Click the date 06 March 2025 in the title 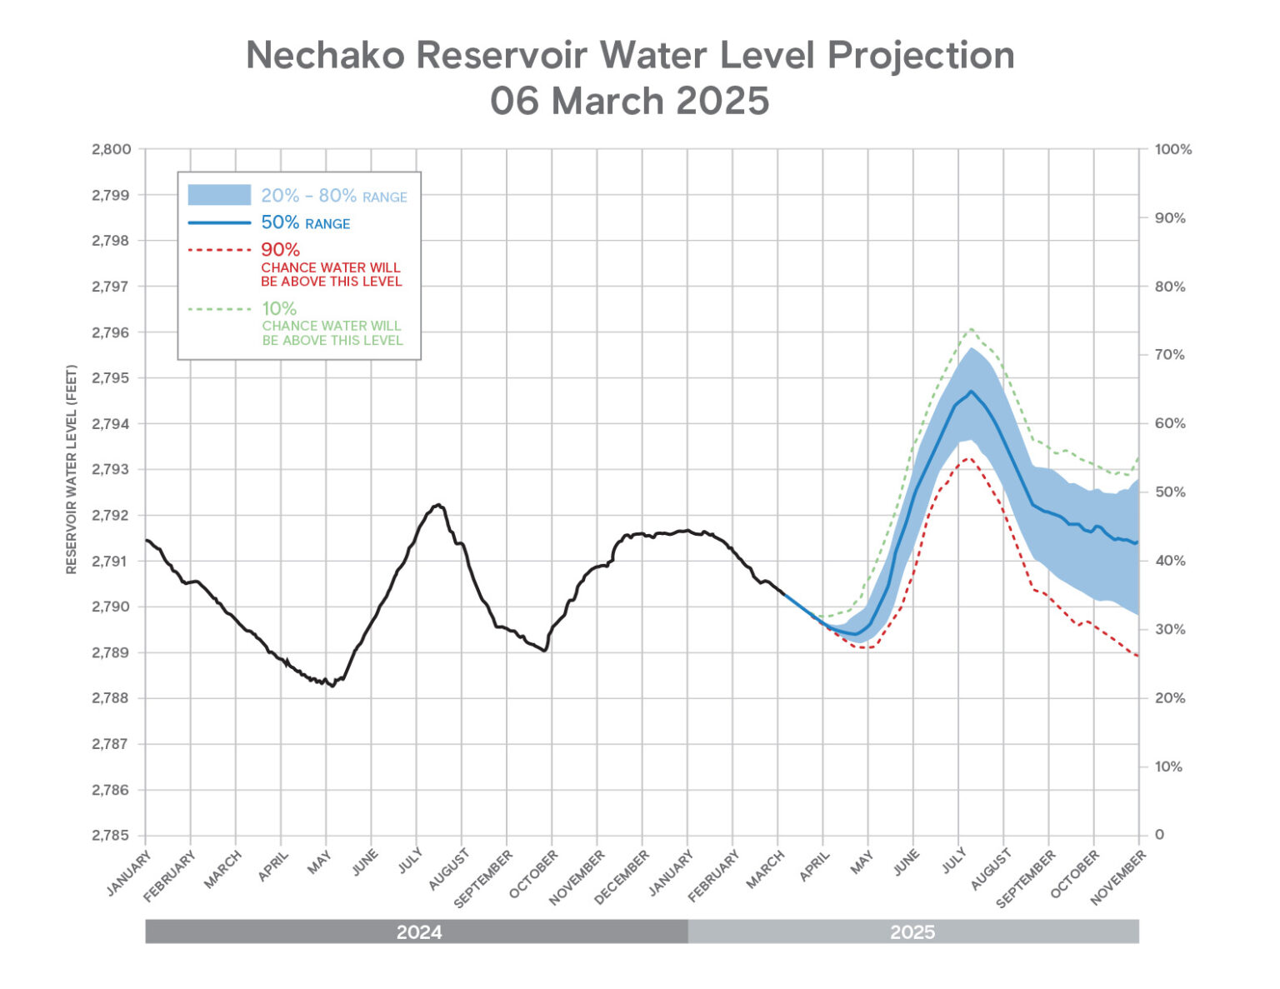tap(629, 101)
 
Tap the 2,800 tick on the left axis tap(111, 150)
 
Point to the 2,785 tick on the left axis tap(111, 836)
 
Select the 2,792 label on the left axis tap(111, 516)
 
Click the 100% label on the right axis tap(1172, 150)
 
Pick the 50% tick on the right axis tap(1169, 492)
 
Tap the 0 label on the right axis tap(1159, 835)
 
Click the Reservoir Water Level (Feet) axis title tap(72, 469)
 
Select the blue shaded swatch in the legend tap(218, 195)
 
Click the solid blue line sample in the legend tap(218, 222)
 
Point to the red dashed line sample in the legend tap(218, 249)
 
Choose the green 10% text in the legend tap(279, 308)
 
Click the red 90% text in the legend tap(280, 249)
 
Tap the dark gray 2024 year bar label tap(418, 932)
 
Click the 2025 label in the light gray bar tap(912, 932)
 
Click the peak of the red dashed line tap(967, 457)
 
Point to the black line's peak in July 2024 tap(437, 505)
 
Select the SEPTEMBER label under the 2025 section tap(1027, 878)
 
